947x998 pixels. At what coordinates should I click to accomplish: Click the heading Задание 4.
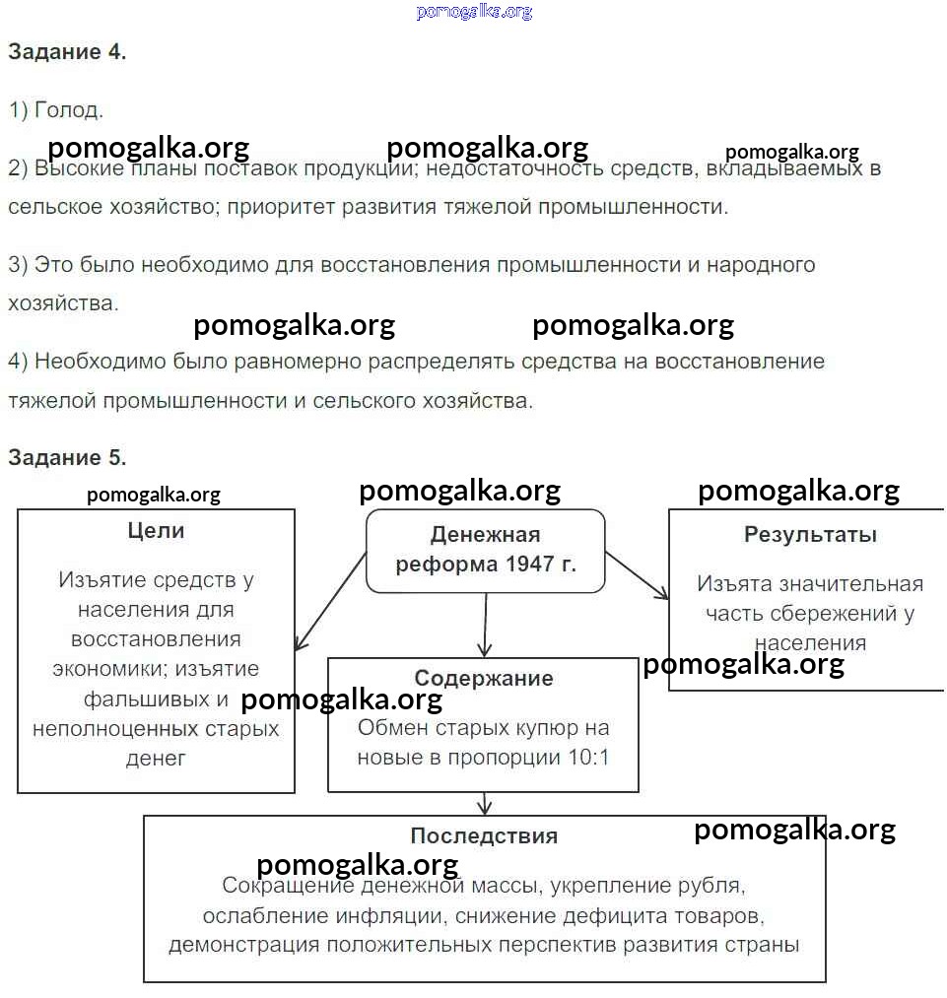coord(67,53)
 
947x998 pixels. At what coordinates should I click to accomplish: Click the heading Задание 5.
coord(67,458)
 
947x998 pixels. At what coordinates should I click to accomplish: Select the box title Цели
coord(156,531)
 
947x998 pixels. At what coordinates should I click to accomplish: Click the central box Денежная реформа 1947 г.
coord(485,551)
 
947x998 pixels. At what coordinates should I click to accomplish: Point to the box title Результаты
coord(810,535)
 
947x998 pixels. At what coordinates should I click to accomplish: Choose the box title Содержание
coord(483,679)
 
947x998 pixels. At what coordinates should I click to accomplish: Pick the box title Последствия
coord(484,835)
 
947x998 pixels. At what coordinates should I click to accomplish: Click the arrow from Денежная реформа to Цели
coord(330,601)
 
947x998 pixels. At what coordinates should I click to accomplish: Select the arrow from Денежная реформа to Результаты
coord(637,574)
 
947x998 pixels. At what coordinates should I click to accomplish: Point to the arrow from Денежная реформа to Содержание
coord(485,625)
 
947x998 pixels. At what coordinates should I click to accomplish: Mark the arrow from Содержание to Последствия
coord(484,803)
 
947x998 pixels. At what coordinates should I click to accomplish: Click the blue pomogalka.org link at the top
coord(474,12)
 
